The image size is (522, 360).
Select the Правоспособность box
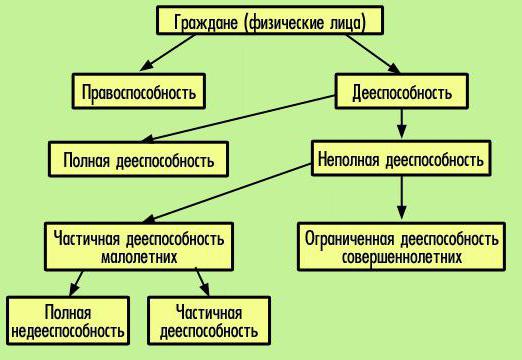click(139, 94)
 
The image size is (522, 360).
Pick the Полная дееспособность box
click(138, 159)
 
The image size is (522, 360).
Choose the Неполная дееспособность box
click(400, 159)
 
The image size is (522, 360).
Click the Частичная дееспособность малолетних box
click(139, 246)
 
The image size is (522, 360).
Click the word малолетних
click(139, 256)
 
